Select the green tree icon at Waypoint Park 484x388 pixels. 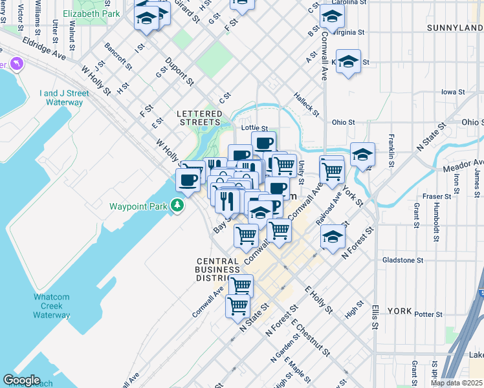[175, 206]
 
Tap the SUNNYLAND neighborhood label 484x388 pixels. [455, 28]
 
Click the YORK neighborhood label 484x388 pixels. [399, 311]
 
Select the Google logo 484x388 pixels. [21, 380]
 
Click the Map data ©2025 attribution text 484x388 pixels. [456, 383]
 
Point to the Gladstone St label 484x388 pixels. [402, 260]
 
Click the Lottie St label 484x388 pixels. [254, 128]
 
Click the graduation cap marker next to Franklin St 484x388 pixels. [362, 154]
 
